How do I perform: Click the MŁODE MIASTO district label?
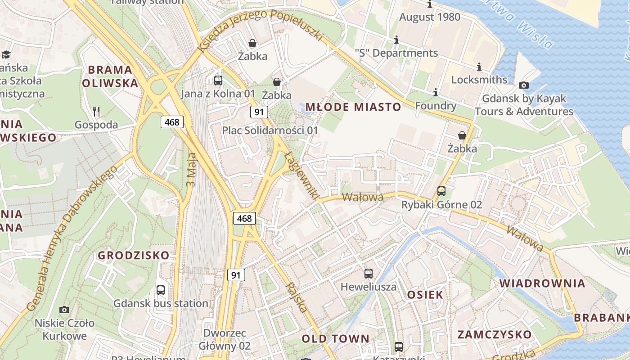(x=353, y=107)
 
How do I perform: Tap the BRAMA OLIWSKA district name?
(x=110, y=76)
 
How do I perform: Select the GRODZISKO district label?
(x=134, y=255)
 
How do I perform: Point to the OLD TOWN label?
(x=335, y=338)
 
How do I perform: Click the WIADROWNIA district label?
(x=543, y=283)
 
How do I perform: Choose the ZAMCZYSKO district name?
(x=495, y=334)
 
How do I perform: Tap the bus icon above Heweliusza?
(x=369, y=273)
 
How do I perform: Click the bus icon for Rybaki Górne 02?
(x=441, y=191)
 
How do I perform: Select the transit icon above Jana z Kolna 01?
(x=218, y=81)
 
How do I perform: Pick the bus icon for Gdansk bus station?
(x=161, y=290)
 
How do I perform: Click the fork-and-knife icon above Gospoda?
(x=96, y=111)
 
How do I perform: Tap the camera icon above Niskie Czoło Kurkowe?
(x=64, y=310)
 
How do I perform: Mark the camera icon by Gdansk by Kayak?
(x=524, y=85)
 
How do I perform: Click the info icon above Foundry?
(x=436, y=93)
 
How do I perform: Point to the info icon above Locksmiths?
(x=479, y=67)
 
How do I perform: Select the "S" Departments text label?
(x=396, y=53)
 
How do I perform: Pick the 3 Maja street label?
(x=192, y=170)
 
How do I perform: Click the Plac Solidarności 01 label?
(x=270, y=130)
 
